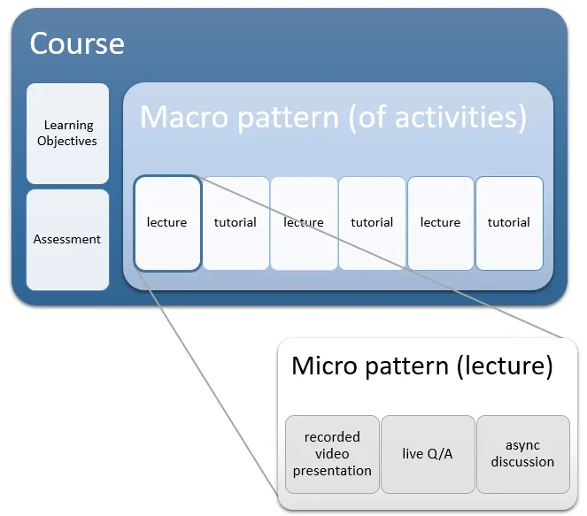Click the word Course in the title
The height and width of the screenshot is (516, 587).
77,43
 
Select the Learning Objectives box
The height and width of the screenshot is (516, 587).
67,133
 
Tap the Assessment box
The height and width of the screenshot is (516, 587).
67,240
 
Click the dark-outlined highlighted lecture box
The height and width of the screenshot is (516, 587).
166,223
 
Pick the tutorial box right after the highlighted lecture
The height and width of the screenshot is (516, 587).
236,223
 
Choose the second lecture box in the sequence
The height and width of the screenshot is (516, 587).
304,223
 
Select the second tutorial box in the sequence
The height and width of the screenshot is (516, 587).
372,223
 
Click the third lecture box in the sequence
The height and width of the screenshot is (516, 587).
440,223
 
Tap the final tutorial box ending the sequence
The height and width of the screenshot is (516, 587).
509,223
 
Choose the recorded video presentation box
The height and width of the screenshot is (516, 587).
332,454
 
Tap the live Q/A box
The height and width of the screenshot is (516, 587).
428,454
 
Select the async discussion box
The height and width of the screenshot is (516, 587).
522,454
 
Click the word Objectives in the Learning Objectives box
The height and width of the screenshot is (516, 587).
67,141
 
